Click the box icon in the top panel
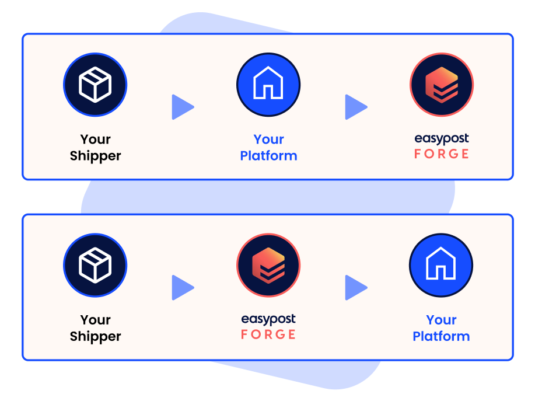click(x=95, y=85)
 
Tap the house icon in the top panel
click(x=268, y=85)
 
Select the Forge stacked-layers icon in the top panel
click(x=442, y=85)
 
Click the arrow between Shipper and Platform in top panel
click(x=182, y=107)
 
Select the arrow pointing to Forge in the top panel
click(x=355, y=107)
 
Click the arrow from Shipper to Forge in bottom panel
click(x=182, y=288)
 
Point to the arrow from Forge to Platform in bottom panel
click(x=355, y=288)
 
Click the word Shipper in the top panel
click(x=95, y=156)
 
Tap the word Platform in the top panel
click(x=268, y=156)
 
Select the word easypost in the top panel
click(x=442, y=139)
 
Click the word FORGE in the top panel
click(x=442, y=154)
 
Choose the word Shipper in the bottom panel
click(x=95, y=336)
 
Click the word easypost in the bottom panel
click(x=268, y=319)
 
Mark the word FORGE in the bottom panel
click(x=268, y=334)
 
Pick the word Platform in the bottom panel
click(x=441, y=336)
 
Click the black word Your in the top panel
click(x=95, y=140)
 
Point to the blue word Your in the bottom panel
click(x=441, y=320)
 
